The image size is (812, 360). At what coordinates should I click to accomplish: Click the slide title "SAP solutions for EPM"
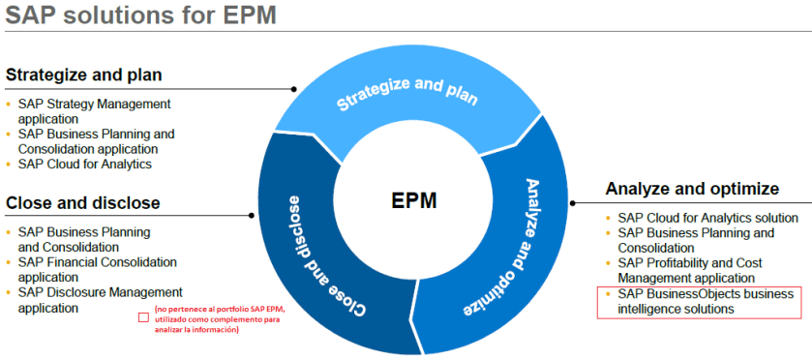tap(141, 16)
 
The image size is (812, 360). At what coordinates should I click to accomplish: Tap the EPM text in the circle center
tap(413, 201)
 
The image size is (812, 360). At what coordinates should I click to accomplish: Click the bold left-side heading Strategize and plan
tap(84, 75)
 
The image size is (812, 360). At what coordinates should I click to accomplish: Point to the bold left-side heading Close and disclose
tap(83, 203)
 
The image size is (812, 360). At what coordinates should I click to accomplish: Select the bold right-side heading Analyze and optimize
tap(692, 188)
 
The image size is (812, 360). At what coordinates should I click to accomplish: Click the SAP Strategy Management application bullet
tap(94, 110)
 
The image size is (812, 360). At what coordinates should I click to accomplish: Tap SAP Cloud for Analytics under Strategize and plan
tap(84, 164)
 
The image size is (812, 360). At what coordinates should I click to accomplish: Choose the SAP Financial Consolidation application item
tap(97, 269)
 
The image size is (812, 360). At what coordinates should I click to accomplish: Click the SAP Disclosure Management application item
tap(99, 299)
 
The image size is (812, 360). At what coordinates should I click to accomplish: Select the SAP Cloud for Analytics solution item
tap(707, 218)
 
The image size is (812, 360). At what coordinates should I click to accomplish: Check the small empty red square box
tap(143, 317)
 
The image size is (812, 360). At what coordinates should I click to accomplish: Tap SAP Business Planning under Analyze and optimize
tap(696, 232)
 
